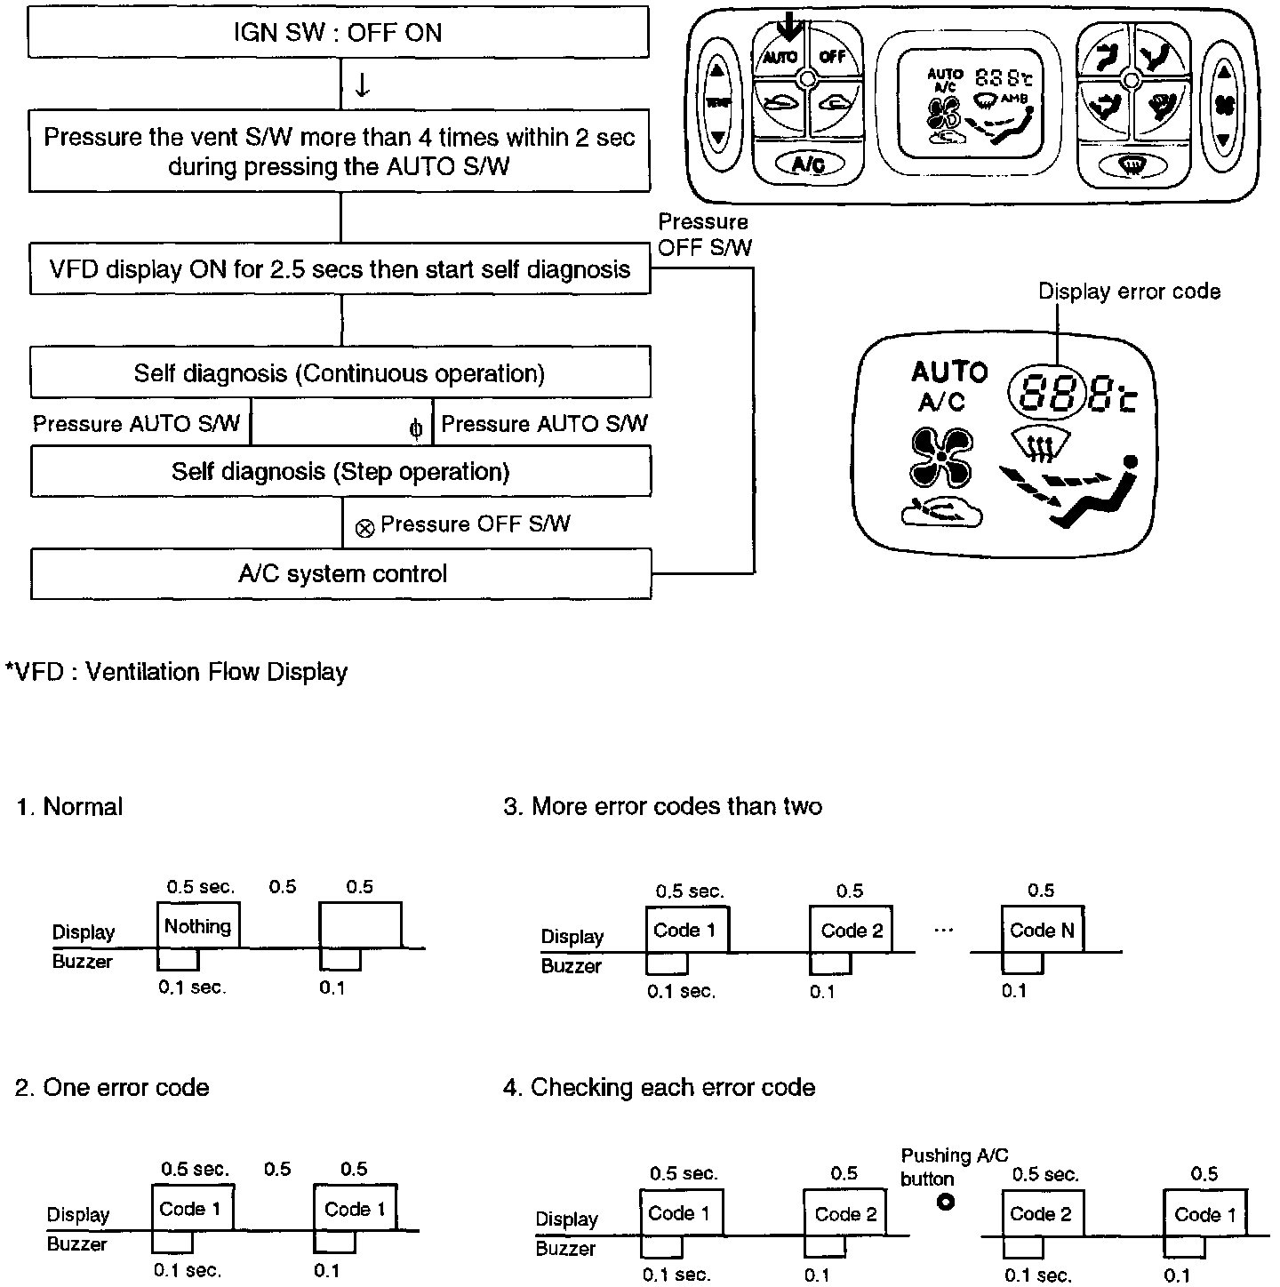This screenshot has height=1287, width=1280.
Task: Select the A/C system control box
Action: [341, 573]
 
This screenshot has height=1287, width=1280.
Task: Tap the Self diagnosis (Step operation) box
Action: [340, 471]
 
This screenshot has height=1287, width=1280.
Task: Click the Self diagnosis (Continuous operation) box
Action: [340, 372]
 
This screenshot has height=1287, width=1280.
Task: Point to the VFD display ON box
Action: [340, 269]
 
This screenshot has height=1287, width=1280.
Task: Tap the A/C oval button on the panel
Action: [807, 165]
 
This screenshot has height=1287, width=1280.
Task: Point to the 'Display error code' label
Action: [1129, 292]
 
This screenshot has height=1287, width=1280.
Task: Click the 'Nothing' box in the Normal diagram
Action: [197, 926]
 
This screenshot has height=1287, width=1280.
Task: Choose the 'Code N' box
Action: [1042, 931]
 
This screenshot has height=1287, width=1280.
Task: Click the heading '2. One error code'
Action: [112, 1088]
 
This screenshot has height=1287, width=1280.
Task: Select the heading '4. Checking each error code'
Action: [659, 1088]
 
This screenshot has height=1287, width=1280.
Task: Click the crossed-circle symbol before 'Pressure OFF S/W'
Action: [364, 529]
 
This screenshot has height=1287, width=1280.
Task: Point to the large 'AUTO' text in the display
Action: [949, 372]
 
